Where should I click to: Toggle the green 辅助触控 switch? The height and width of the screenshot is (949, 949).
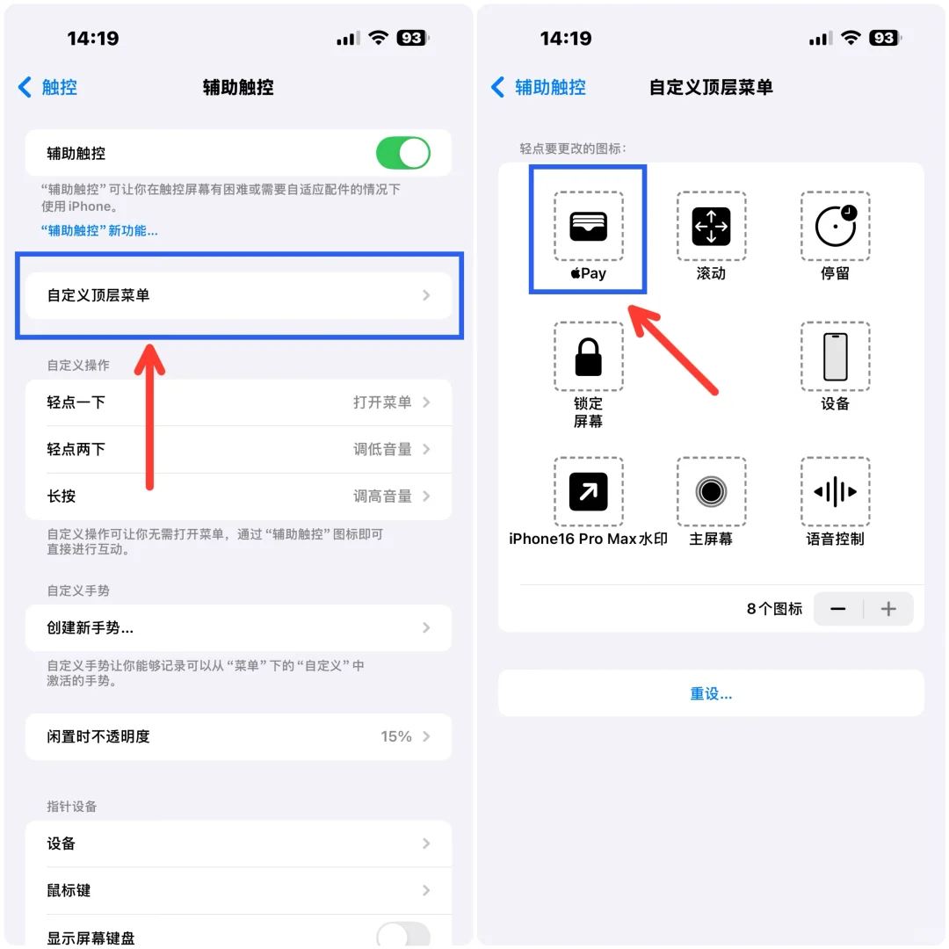(403, 153)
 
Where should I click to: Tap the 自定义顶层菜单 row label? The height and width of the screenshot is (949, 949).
(98, 295)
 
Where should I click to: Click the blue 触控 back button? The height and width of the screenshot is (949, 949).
(48, 87)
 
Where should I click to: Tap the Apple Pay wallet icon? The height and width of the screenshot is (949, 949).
(588, 226)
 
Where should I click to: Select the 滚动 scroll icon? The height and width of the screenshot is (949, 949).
(711, 226)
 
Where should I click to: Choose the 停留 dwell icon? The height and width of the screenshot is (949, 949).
(835, 226)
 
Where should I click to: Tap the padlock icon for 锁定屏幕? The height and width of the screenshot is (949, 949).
(588, 356)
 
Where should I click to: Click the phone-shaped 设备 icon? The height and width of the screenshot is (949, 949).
(835, 356)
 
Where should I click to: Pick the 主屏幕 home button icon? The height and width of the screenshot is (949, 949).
(711, 491)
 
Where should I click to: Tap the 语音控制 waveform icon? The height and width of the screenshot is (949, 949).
(835, 491)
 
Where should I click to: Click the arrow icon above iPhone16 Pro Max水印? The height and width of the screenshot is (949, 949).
(588, 491)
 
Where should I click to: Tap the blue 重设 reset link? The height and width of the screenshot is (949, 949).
(711, 693)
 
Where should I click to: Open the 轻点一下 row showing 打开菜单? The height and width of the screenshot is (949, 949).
(237, 402)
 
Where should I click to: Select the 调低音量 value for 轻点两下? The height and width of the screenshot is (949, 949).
(382, 449)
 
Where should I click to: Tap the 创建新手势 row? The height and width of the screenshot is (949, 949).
(237, 628)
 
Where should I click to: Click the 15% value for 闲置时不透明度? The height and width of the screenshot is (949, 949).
(396, 736)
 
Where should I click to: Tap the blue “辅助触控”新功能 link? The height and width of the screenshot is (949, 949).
(99, 231)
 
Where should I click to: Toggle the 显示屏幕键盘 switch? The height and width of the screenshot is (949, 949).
(403, 934)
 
